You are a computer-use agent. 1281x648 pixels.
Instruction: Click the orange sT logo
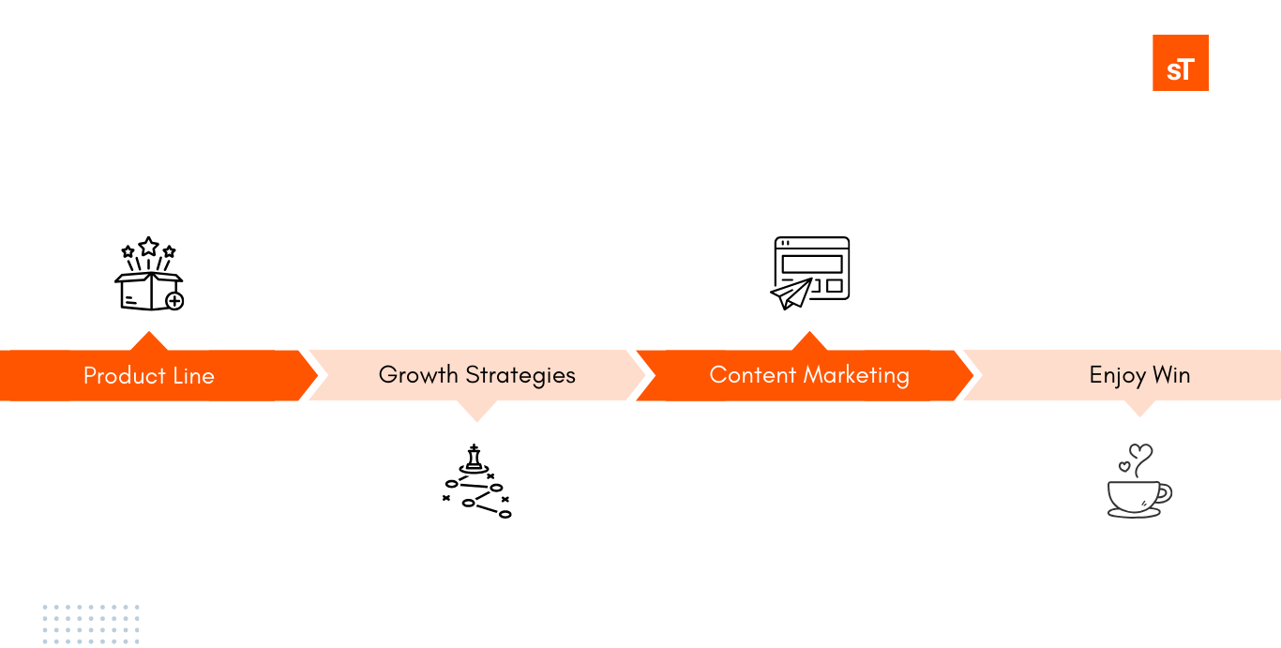click(x=1181, y=63)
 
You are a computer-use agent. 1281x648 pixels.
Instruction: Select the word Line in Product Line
click(x=193, y=376)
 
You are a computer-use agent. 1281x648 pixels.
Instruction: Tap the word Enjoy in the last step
click(x=1117, y=376)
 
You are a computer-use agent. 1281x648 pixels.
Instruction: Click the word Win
click(x=1171, y=375)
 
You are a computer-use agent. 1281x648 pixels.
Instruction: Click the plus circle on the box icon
click(x=173, y=301)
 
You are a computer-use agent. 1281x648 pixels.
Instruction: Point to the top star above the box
click(x=148, y=246)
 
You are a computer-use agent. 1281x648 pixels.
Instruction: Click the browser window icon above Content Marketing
click(x=811, y=268)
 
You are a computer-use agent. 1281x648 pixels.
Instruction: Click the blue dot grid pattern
click(x=90, y=624)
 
